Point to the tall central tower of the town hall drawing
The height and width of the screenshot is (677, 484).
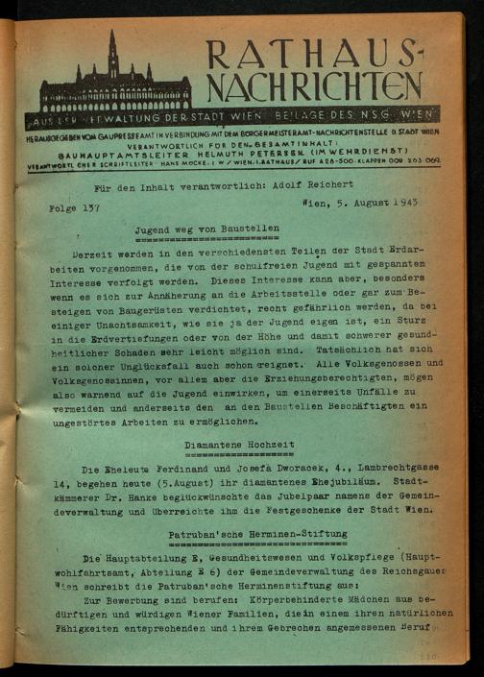tap(113, 58)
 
